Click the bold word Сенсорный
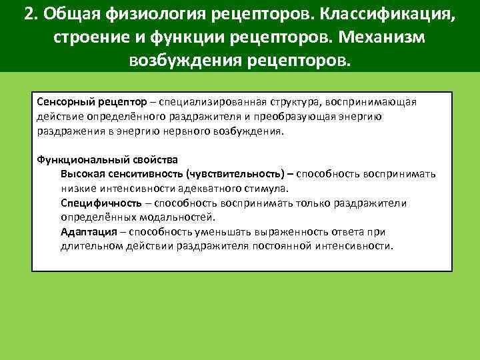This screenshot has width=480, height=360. click(x=62, y=101)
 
